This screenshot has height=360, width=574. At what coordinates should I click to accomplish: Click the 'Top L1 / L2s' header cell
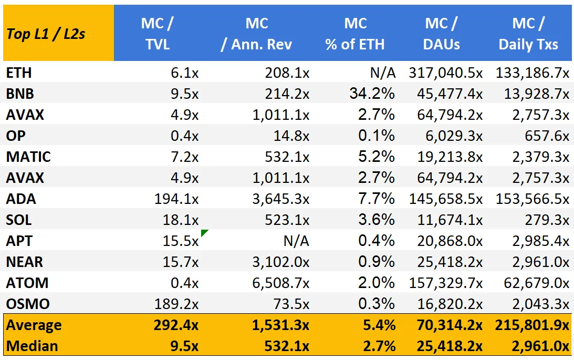tap(46, 34)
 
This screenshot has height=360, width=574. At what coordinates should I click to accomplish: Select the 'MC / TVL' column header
tap(158, 34)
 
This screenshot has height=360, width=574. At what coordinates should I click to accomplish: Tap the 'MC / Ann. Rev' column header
tap(257, 34)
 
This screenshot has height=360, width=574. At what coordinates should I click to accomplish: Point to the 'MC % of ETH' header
tap(355, 34)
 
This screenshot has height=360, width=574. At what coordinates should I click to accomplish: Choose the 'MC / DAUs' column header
tap(442, 34)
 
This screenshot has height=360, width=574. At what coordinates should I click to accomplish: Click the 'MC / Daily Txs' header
tap(528, 34)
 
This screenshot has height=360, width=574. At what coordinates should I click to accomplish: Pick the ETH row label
tap(19, 73)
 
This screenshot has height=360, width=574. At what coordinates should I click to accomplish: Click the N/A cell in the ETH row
tap(383, 73)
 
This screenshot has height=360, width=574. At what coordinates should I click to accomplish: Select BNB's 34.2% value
tap(372, 94)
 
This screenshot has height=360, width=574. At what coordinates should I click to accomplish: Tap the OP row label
tap(16, 136)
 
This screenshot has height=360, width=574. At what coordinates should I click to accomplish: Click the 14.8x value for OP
tap(291, 136)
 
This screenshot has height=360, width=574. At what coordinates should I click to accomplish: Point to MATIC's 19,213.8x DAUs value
tap(450, 157)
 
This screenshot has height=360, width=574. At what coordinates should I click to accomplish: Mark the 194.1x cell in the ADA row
tap(176, 199)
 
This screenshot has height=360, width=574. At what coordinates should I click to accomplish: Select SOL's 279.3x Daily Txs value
tap(547, 220)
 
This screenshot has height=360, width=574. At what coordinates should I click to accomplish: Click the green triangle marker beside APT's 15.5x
tap(204, 232)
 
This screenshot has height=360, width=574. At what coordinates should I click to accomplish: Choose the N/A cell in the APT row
tap(296, 241)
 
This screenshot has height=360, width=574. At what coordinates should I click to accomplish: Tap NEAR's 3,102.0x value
tap(281, 262)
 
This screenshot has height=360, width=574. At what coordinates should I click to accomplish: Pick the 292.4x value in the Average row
tap(176, 325)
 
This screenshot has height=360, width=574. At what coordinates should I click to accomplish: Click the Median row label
tap(32, 346)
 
